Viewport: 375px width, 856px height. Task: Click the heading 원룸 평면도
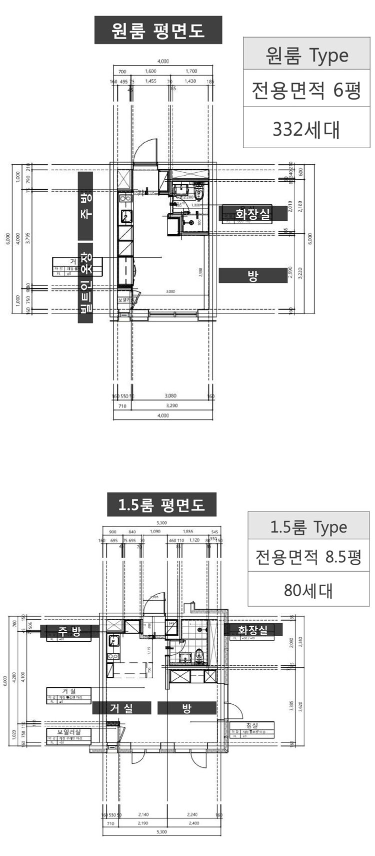(158, 30)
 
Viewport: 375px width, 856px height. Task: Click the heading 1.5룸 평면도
(162, 505)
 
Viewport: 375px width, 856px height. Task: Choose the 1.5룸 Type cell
(308, 527)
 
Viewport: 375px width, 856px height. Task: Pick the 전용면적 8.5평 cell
(308, 556)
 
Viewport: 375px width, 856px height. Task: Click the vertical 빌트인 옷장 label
(86, 282)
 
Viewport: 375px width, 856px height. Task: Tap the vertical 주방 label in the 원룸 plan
(86, 206)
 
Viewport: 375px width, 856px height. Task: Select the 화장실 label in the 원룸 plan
(254, 214)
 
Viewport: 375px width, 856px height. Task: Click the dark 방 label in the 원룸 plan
(253, 276)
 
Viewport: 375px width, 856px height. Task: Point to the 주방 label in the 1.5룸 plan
(68, 631)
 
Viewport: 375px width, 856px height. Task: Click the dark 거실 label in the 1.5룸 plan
(121, 708)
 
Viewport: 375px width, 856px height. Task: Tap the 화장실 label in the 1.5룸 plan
(252, 630)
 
